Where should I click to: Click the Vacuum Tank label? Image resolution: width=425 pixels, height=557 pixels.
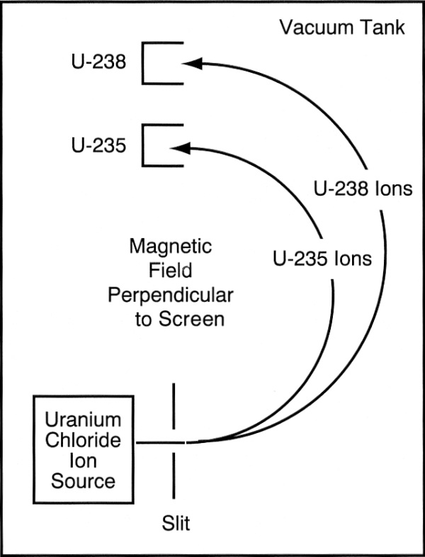[342, 28]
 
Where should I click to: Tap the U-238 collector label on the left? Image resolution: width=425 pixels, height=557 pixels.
[99, 63]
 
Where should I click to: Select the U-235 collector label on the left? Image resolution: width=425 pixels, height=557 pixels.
[99, 146]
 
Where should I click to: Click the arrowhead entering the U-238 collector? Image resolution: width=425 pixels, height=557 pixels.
[191, 64]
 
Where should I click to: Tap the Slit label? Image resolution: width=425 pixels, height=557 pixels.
[175, 524]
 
